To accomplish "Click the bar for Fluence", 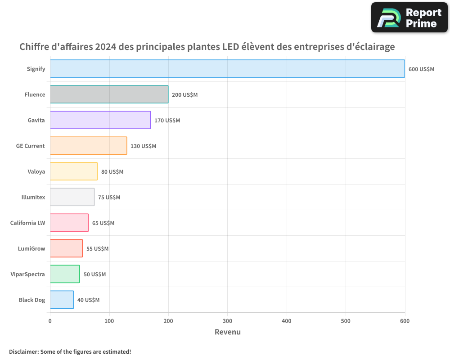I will (109, 94).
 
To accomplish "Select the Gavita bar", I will (100, 120).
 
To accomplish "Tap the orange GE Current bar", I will (88, 146).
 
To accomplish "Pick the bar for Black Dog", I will (62, 300).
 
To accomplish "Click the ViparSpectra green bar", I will (65, 274).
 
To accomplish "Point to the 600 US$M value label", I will (421, 69).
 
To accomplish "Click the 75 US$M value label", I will (109, 197).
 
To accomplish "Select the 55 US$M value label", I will (97, 248).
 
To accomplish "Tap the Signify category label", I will (36, 69).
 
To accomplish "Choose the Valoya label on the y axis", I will (36, 171).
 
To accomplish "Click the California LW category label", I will (28, 223).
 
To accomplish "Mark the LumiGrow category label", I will (31, 248).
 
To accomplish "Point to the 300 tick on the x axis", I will (227, 321).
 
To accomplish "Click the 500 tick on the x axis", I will (346, 321).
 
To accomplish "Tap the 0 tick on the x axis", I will (50, 321).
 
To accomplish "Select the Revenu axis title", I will (227, 332).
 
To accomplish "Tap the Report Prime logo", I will (409, 18).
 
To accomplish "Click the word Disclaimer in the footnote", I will (23, 351).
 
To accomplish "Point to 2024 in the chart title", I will (105, 47).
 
